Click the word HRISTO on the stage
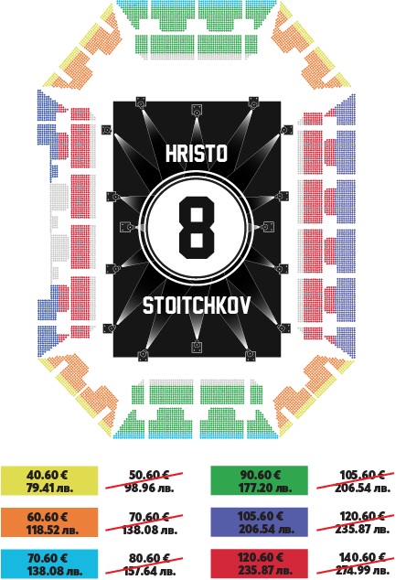pyautogui.click(x=197, y=153)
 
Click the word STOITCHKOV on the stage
pyautogui.click(x=197, y=306)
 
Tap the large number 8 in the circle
pyautogui.click(x=197, y=228)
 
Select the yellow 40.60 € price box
pyautogui.click(x=49, y=481)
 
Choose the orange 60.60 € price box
pyautogui.click(x=49, y=522)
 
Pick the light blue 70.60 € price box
pyautogui.click(x=49, y=564)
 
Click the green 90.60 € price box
pyautogui.click(x=259, y=481)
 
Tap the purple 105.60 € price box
pyautogui.click(x=259, y=522)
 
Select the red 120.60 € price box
pyautogui.click(x=259, y=564)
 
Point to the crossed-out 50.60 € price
pyautogui.click(x=149, y=475)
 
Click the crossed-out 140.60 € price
pyautogui.click(x=362, y=557)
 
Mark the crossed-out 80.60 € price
pyautogui.click(x=149, y=557)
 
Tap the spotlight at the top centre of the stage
pyautogui.click(x=197, y=111)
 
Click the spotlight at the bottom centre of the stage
pyautogui.click(x=197, y=347)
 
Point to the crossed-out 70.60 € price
pyautogui.click(x=149, y=516)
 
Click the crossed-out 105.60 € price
pyautogui.click(x=362, y=475)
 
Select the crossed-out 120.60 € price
pyautogui.click(x=362, y=516)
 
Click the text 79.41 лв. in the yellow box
pyautogui.click(x=49, y=488)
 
